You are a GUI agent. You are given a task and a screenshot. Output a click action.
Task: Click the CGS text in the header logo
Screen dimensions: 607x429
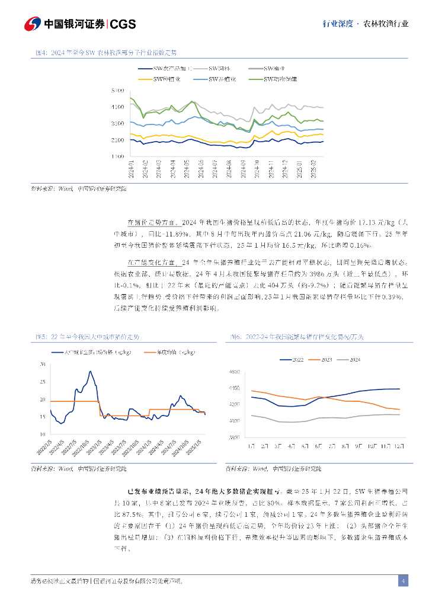point(123,24)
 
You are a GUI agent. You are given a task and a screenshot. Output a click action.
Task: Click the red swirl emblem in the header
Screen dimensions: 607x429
point(32,24)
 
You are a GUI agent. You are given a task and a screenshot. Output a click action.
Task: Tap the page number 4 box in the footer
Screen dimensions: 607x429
point(403,581)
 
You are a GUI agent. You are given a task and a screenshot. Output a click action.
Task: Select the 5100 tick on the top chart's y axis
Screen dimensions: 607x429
point(117,91)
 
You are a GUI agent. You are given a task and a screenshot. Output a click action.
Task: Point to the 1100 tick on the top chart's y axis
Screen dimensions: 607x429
point(117,156)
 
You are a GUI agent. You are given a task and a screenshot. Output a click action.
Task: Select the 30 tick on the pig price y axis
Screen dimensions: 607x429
point(42,364)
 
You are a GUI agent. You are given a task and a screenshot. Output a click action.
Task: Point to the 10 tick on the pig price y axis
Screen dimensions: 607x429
point(42,435)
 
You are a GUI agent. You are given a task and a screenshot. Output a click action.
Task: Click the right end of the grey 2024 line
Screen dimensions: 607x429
point(400,414)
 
